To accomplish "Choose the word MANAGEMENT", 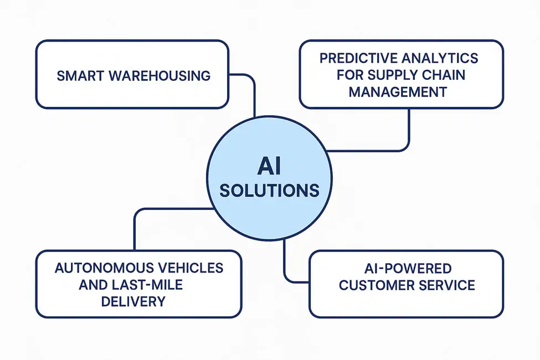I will (x=398, y=91).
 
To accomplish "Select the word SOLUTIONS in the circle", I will (x=269, y=191).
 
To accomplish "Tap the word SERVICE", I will (x=449, y=286).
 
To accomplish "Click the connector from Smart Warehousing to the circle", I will (x=254, y=94).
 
